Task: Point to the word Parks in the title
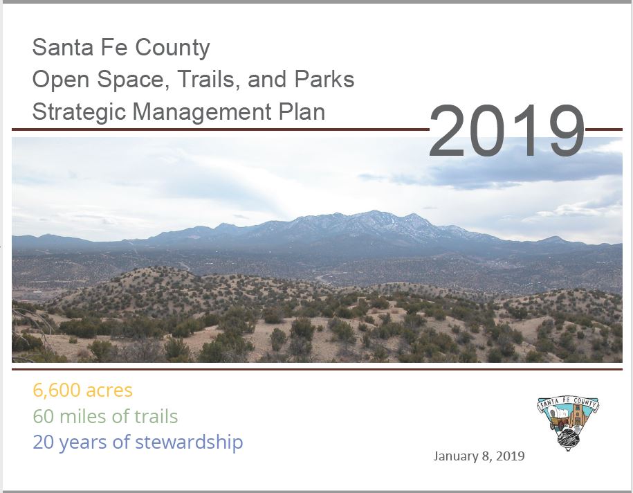pyautogui.click(x=324, y=79)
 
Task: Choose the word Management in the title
pyautogui.click(x=202, y=112)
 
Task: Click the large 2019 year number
pyautogui.click(x=506, y=131)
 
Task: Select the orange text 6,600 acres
pyautogui.click(x=83, y=391)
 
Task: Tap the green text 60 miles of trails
pyautogui.click(x=105, y=416)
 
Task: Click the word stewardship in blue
pyautogui.click(x=189, y=442)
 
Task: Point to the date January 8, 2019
pyautogui.click(x=479, y=456)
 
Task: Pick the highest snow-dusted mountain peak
pyautogui.click(x=374, y=211)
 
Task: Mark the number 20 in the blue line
pyautogui.click(x=43, y=442)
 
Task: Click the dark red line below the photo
pyautogui.click(x=317, y=369)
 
